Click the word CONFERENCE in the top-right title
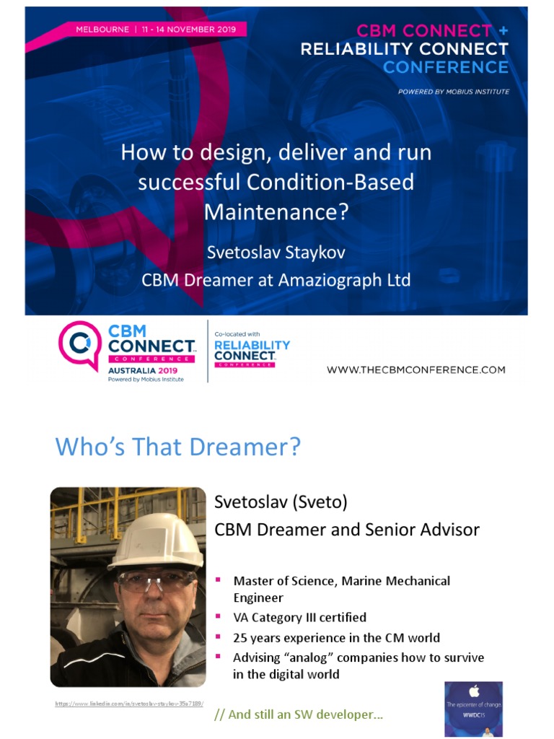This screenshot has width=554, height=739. pyautogui.click(x=446, y=67)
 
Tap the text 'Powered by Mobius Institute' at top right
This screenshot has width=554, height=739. pyautogui.click(x=454, y=92)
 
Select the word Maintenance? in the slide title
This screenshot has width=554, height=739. pyautogui.click(x=276, y=211)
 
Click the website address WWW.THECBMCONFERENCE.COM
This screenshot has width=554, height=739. pyautogui.click(x=416, y=369)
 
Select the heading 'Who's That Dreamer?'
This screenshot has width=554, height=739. pyautogui.click(x=177, y=447)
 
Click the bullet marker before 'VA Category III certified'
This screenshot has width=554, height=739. pyautogui.click(x=219, y=617)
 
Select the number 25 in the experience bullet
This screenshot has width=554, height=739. pyautogui.click(x=240, y=637)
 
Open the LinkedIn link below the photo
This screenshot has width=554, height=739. pyautogui.click(x=130, y=703)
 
